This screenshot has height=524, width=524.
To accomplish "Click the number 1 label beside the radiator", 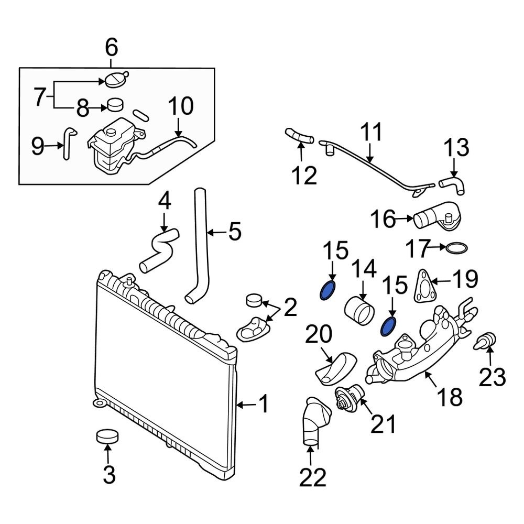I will tap(264, 405).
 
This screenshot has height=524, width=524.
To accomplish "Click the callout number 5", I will tap(235, 231).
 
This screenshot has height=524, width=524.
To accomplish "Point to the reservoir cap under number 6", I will tap(116, 79).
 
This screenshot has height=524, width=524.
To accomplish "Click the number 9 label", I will tap(37, 146).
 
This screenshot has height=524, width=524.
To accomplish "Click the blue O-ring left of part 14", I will tap(327, 290).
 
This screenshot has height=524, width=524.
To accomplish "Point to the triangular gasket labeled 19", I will tap(422, 287).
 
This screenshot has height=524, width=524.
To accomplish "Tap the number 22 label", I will tap(313, 477).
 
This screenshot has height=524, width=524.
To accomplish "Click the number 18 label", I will tap(450, 397).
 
